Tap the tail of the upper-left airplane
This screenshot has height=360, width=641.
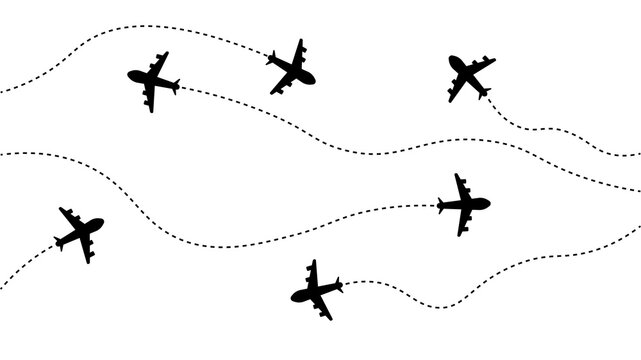click(174, 86)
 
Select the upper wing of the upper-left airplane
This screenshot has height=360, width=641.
click(160, 59)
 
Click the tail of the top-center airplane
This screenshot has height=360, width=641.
click(271, 59)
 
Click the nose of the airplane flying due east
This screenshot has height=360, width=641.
click(488, 204)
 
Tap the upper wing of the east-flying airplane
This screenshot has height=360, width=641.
click(460, 181)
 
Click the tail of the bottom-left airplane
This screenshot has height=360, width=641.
click(59, 241)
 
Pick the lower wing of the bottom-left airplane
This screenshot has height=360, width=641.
click(88, 254)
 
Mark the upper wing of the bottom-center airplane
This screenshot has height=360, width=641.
click(312, 267)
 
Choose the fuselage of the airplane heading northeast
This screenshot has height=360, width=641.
click(80, 232)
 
